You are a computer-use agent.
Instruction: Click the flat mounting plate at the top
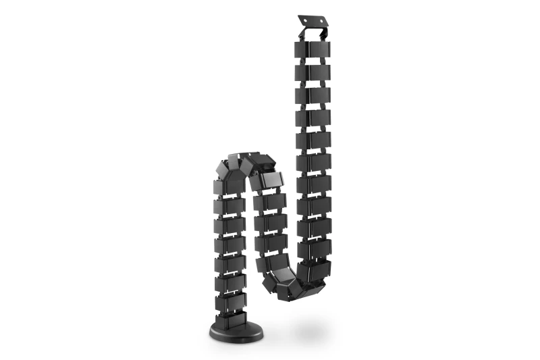pos(317,22)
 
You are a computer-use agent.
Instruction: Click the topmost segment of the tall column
pos(312,50)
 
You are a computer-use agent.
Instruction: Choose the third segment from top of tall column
pos(312,95)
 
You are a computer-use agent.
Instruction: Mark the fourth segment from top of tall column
pos(312,118)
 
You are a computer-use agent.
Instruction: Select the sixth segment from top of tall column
pos(312,163)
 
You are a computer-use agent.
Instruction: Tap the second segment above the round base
pos(230,282)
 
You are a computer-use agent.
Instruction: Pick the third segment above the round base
pos(230,262)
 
